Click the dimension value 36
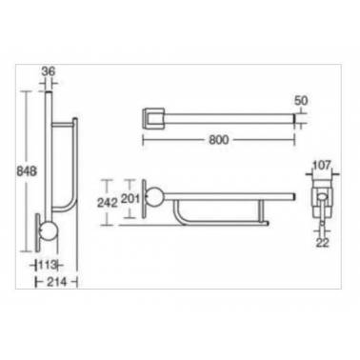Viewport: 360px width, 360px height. click(48, 71)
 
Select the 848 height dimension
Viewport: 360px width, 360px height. click(27, 171)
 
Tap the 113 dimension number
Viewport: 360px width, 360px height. click(48, 265)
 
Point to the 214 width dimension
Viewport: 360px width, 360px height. click(57, 282)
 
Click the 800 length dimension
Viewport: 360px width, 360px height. click(219, 140)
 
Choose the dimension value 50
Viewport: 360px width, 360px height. click(301, 101)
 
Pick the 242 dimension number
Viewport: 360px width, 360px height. click(108, 203)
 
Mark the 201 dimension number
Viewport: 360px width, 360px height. click(130, 199)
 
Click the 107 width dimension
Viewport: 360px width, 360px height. click(322, 165)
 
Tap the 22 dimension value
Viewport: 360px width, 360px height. click(323, 243)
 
